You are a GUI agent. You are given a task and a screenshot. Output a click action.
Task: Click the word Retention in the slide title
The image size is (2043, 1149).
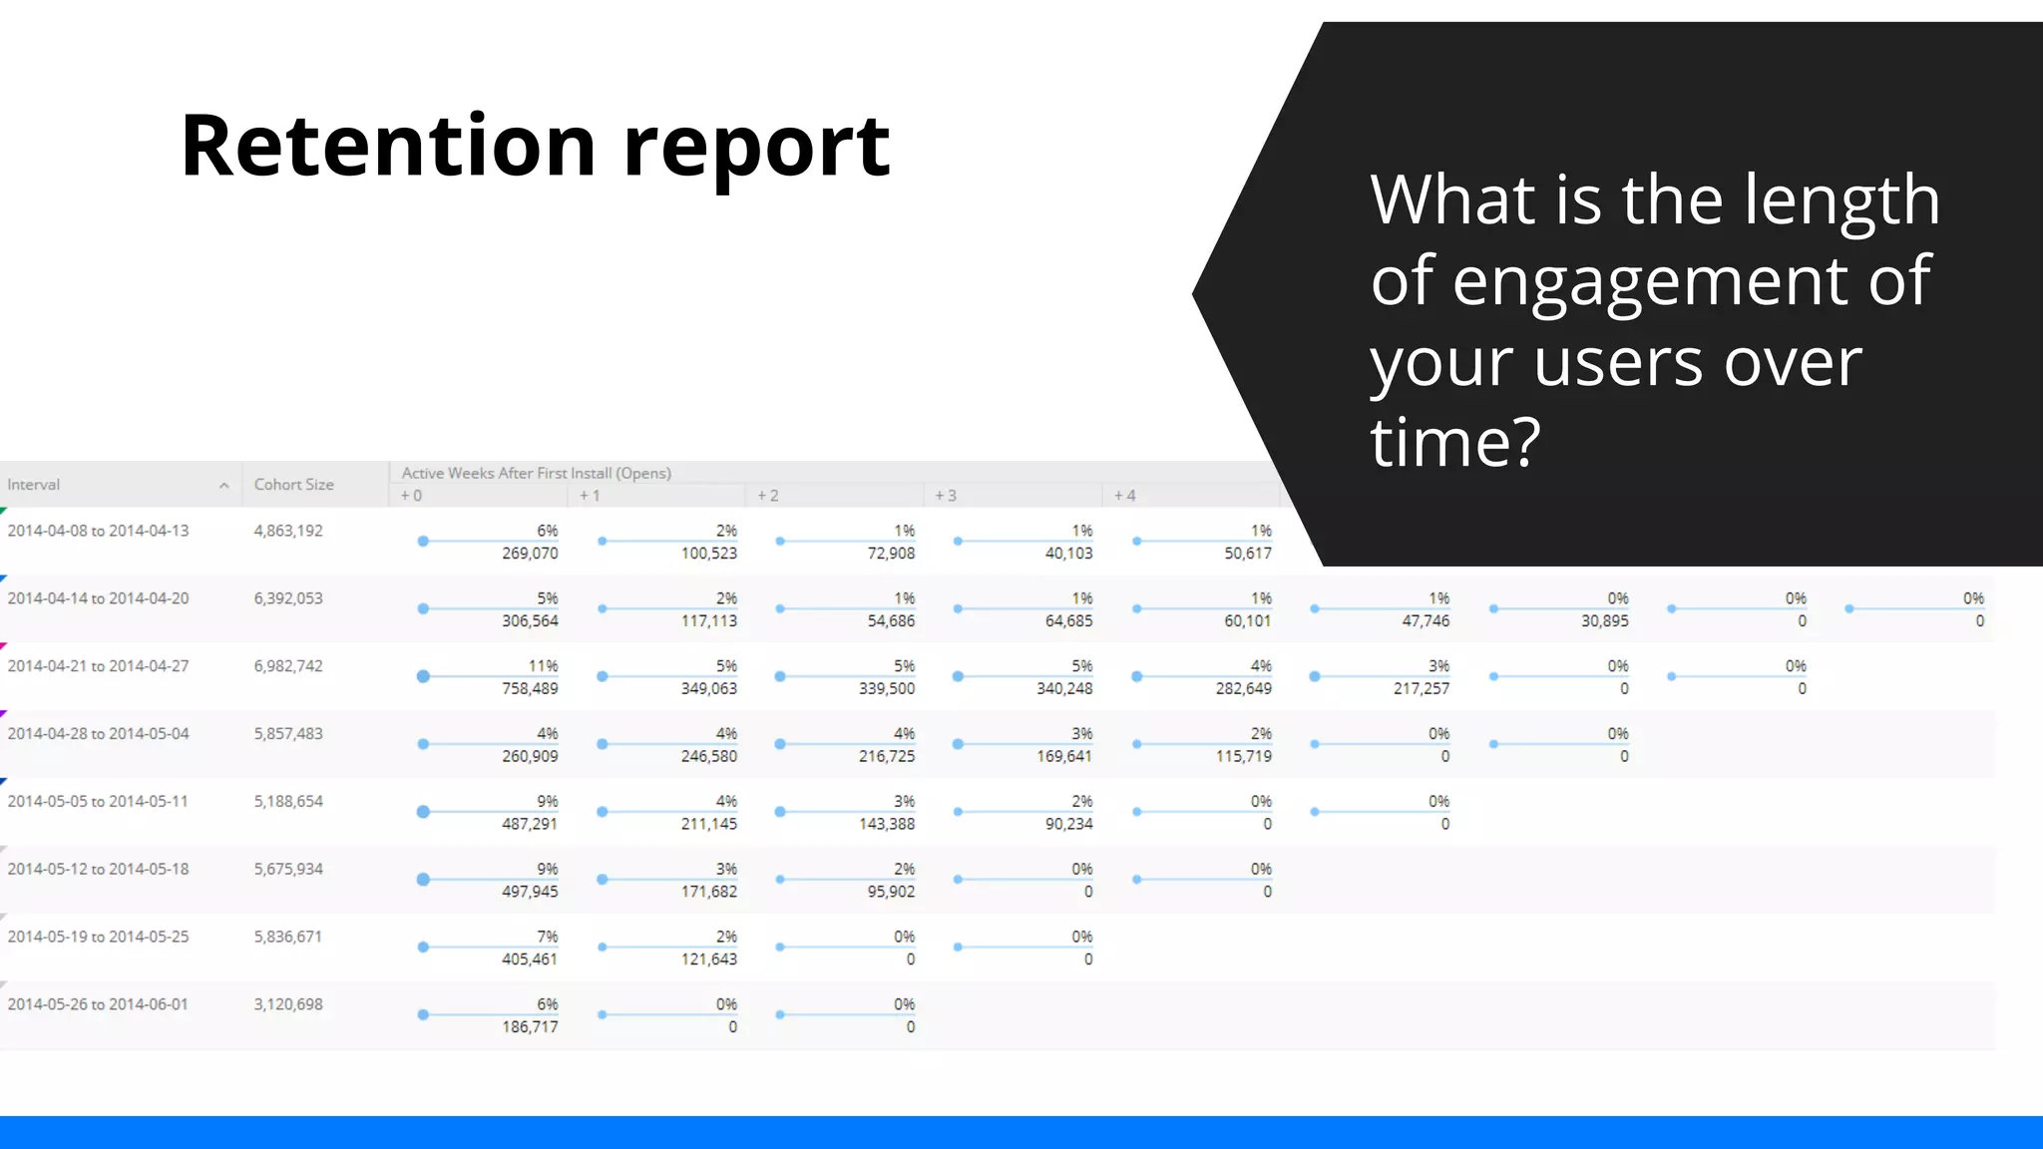388,147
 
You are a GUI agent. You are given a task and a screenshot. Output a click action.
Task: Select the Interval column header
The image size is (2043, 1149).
34,485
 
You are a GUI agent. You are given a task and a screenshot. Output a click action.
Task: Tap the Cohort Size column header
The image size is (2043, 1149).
293,485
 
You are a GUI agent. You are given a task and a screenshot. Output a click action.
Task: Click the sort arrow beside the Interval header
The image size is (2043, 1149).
224,486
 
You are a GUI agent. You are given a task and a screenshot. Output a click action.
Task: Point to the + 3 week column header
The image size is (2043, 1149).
945,496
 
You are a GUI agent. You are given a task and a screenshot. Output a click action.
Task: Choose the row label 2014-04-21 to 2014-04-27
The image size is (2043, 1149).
98,666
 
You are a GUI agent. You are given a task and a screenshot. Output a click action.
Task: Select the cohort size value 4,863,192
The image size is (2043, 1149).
288,531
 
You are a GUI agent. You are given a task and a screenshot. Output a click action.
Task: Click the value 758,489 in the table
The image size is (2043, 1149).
530,688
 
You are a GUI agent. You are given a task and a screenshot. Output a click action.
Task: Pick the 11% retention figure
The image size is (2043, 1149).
544,666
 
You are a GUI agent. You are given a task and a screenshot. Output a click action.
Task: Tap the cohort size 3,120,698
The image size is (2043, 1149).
288,1004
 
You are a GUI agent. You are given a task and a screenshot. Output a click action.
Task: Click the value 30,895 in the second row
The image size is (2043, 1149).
1604,620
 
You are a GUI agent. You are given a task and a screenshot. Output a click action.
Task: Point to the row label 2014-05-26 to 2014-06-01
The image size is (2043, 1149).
98,1004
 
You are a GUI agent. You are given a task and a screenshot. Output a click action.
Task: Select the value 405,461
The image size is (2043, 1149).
530,958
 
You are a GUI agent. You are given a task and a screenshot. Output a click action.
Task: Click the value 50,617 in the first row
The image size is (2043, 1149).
1248,554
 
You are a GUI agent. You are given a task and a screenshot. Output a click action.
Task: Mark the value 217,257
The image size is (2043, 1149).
1422,688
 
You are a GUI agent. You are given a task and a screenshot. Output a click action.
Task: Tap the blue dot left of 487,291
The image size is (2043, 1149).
423,812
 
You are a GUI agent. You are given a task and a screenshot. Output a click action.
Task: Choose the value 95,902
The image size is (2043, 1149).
891,891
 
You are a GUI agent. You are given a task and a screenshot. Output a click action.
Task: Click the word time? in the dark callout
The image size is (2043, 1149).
1455,442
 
